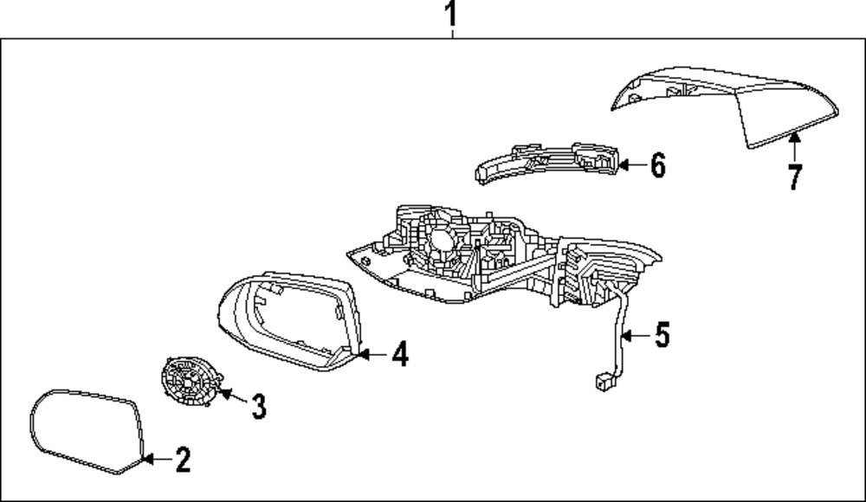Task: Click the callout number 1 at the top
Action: pyautogui.click(x=451, y=14)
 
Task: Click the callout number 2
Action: pyautogui.click(x=183, y=460)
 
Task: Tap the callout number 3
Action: pyautogui.click(x=258, y=407)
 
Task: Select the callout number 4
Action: pyautogui.click(x=400, y=354)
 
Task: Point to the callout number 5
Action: pyautogui.click(x=662, y=335)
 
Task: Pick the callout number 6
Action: pyautogui.click(x=658, y=165)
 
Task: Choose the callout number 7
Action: pyautogui.click(x=795, y=177)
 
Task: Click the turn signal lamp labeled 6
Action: pyautogui.click(x=546, y=163)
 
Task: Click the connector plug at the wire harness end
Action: pyautogui.click(x=603, y=382)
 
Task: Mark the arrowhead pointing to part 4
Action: pyautogui.click(x=363, y=354)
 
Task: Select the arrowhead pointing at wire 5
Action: pyautogui.click(x=626, y=335)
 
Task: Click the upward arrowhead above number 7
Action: pyautogui.click(x=795, y=138)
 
